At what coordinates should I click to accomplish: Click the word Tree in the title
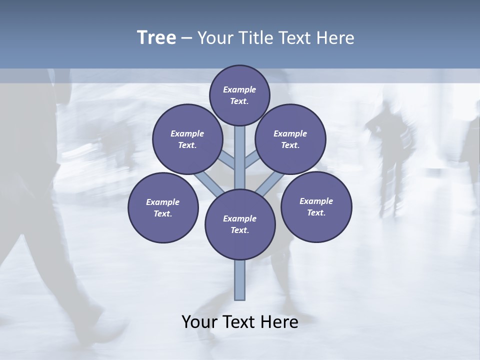[x=156, y=37]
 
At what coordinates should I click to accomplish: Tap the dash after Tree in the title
[x=187, y=38]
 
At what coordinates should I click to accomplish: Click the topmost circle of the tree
[x=239, y=95]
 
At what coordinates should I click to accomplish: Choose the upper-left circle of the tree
[x=187, y=139]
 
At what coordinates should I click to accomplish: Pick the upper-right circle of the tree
[x=290, y=139]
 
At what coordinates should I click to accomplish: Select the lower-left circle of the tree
[x=163, y=207]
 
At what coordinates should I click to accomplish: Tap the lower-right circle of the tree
[x=316, y=206]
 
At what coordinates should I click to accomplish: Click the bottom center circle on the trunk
[x=240, y=224]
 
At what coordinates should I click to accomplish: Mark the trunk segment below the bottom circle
[x=240, y=280]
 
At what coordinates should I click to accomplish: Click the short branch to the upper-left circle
[x=227, y=161]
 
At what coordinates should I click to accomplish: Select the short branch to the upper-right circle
[x=252, y=161]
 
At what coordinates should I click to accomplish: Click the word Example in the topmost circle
[x=239, y=89]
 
